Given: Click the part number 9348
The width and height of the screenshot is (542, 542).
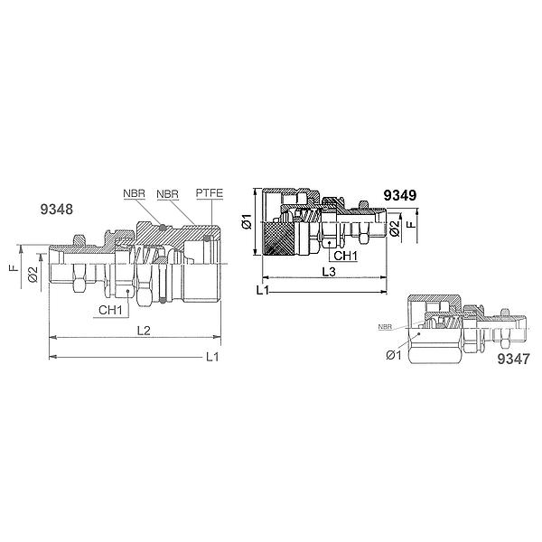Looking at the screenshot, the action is click(x=57, y=210).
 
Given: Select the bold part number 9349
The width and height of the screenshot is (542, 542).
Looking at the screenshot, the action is click(x=400, y=196).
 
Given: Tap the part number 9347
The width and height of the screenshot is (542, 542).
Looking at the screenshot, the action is click(x=513, y=360).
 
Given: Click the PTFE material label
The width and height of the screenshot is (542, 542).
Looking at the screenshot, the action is click(x=210, y=193).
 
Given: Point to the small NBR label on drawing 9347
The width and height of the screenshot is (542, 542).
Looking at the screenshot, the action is click(x=385, y=327).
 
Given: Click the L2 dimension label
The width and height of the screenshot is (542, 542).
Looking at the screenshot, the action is click(x=144, y=331).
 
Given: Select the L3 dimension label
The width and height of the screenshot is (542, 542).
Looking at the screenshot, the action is click(x=329, y=272).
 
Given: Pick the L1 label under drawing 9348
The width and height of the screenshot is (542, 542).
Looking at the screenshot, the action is click(x=212, y=357).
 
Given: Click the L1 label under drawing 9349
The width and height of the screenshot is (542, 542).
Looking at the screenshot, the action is click(x=263, y=290).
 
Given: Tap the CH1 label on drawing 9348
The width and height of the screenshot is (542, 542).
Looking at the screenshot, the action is click(x=110, y=310).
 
